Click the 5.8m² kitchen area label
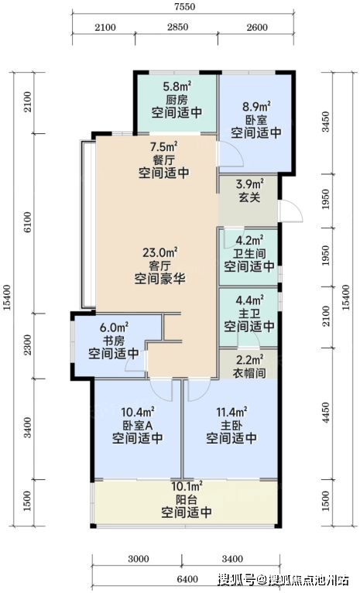(x=177, y=87)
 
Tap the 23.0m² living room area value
(x=160, y=252)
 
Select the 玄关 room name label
(x=249, y=197)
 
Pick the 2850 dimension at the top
(x=178, y=27)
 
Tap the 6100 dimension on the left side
(x=27, y=224)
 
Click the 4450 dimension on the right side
(x=325, y=413)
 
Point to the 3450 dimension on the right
(x=325, y=122)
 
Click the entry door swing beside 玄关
(x=290, y=211)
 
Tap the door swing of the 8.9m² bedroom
(x=229, y=154)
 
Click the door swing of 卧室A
(x=161, y=389)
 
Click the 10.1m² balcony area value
(x=187, y=486)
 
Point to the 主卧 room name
(x=231, y=426)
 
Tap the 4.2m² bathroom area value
(x=249, y=241)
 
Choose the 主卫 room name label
(x=249, y=313)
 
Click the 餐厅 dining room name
(x=163, y=159)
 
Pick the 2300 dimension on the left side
(x=27, y=346)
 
